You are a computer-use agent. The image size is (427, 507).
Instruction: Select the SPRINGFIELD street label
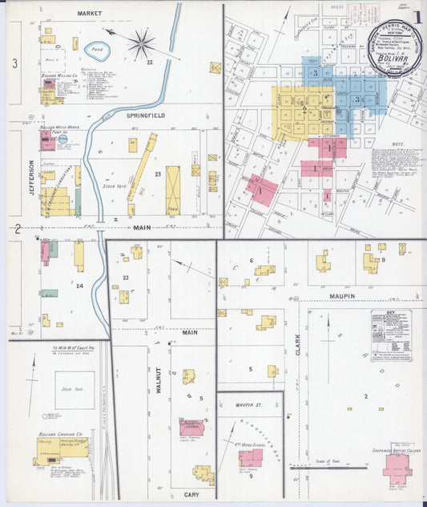(x=146, y=116)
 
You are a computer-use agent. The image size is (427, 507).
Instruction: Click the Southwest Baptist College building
(x=397, y=468)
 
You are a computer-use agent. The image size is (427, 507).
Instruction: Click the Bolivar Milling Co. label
(x=60, y=75)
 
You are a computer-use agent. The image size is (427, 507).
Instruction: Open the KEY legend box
(x=391, y=327)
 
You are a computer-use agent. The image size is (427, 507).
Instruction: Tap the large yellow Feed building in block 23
(x=172, y=189)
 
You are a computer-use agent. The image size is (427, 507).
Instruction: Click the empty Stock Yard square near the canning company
(x=75, y=389)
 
